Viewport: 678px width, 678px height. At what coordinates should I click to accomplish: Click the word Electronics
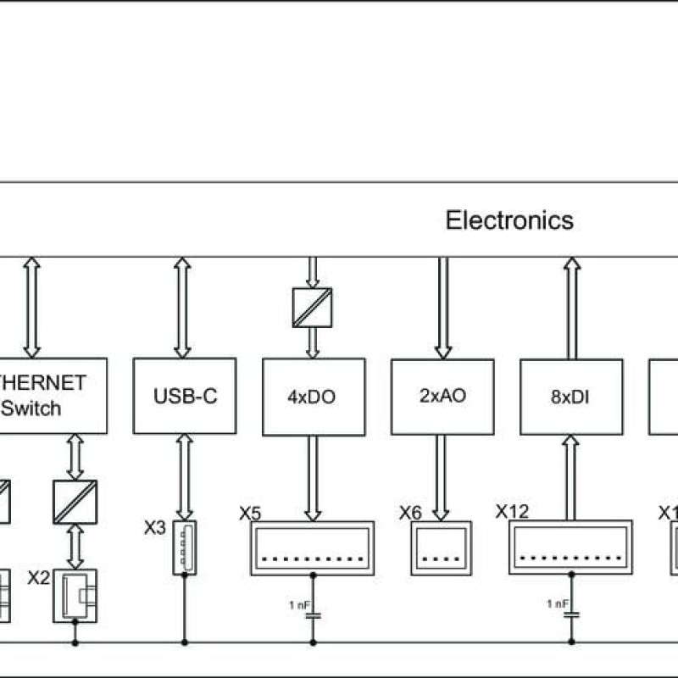tap(509, 220)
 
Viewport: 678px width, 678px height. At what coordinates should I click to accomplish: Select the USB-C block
tap(185, 396)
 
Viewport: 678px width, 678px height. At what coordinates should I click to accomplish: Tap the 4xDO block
tap(314, 396)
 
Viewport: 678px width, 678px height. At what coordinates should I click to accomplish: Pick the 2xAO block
tap(442, 395)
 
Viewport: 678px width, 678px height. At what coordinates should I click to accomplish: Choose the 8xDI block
tap(571, 396)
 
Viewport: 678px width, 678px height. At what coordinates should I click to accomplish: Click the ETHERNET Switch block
tap(51, 396)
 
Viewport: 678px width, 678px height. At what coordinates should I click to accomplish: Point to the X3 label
tap(154, 529)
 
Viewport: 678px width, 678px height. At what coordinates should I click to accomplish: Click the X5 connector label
tap(250, 513)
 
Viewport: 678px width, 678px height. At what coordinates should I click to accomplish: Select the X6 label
tap(410, 513)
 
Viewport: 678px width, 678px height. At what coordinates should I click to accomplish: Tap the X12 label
tap(512, 511)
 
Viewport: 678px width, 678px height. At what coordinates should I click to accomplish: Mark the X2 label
tap(39, 578)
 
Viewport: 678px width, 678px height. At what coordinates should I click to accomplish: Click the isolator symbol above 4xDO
tap(312, 308)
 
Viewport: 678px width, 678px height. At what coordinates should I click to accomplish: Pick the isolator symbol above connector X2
tap(75, 502)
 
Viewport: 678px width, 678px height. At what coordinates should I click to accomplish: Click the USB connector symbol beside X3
tap(184, 548)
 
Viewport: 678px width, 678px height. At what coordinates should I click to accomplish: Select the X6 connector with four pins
tap(441, 547)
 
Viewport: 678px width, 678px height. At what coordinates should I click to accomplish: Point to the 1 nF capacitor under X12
tap(571, 611)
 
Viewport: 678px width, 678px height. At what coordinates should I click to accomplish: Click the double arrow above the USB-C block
tap(182, 308)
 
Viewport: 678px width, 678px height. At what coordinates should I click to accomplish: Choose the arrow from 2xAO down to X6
tap(441, 477)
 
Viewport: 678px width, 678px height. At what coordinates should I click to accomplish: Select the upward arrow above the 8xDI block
tap(572, 308)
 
